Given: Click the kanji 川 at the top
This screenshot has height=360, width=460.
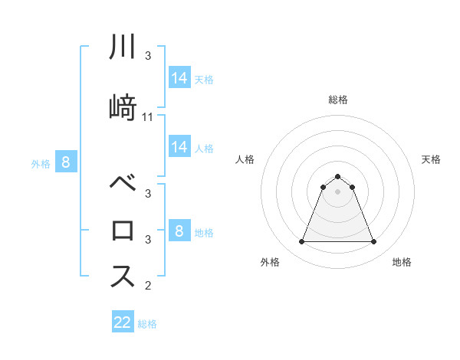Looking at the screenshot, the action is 123,48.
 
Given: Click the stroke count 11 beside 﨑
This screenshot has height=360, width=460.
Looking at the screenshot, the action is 148,116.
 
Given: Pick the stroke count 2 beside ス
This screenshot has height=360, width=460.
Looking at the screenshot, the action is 148,286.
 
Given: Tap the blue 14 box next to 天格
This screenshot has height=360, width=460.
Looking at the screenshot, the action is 179,77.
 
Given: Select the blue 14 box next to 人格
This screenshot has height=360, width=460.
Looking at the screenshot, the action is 179,147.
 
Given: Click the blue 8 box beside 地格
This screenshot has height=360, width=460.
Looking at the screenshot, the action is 179,231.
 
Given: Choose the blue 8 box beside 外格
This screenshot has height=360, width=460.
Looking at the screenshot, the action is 66,162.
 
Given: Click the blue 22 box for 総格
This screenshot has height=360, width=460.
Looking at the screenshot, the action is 123,322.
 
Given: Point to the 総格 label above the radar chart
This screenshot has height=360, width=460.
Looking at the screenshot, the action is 338,100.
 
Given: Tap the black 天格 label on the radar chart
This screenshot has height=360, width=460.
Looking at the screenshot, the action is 432,159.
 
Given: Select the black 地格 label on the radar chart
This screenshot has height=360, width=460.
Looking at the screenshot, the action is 402,262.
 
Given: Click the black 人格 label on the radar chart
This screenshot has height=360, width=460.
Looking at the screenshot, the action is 245,159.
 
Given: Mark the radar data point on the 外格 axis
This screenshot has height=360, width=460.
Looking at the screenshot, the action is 301,242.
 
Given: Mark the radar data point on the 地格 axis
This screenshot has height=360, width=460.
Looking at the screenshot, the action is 374,242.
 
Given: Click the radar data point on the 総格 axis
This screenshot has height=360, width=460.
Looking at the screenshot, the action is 338,176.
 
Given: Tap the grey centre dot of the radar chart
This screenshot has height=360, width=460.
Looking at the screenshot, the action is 338,191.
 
